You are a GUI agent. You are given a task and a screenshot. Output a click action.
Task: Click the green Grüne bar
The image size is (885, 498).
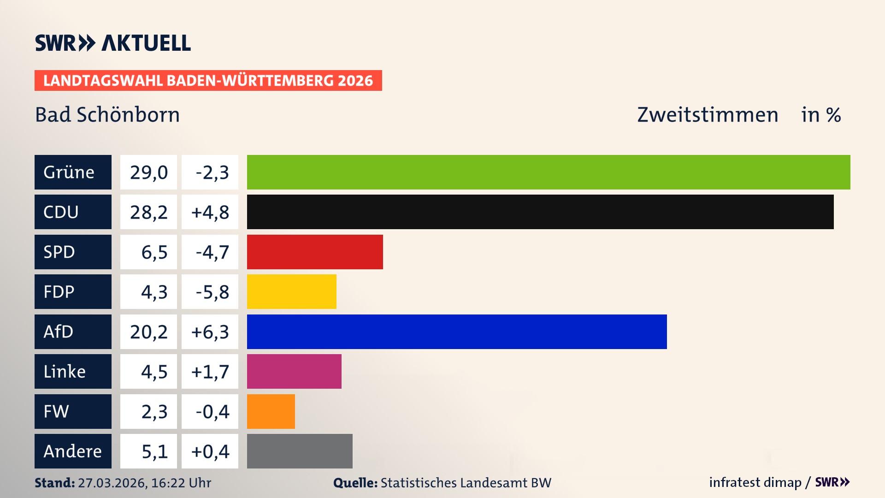tap(549, 172)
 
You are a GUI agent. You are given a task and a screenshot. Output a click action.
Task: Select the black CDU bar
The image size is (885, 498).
tap(540, 212)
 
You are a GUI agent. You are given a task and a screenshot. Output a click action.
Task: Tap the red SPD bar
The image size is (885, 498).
tap(315, 252)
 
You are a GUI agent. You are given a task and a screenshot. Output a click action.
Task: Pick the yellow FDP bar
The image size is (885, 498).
tap(291, 292)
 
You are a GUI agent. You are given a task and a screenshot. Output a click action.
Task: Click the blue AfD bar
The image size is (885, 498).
tap(457, 332)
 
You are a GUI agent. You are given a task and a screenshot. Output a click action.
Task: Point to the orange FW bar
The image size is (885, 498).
tap(271, 411)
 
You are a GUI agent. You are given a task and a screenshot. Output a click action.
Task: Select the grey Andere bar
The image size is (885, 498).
tap(300, 451)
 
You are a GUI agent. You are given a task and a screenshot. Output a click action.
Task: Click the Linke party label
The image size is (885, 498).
tap(73, 372)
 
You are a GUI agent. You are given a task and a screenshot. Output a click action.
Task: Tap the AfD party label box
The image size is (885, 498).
tap(73, 332)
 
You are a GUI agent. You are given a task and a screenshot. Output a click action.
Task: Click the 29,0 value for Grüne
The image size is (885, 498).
tap(148, 172)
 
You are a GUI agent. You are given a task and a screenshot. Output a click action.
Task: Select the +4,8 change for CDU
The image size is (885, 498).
tap(210, 212)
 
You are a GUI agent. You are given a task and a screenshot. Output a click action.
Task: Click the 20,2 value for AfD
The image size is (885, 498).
tap(148, 332)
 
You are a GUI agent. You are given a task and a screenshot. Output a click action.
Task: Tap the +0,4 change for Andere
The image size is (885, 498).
tap(210, 451)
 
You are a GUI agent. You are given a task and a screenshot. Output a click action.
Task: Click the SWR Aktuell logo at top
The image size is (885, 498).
tap(113, 43)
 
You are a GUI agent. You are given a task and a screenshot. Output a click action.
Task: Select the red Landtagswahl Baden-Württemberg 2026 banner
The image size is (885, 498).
tap(208, 81)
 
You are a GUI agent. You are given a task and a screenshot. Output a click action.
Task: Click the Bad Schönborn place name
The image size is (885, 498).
tap(107, 115)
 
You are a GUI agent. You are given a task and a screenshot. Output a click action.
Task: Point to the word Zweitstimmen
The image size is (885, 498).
tap(708, 115)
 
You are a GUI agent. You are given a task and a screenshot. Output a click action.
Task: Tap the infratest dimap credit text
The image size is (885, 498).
tap(755, 482)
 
